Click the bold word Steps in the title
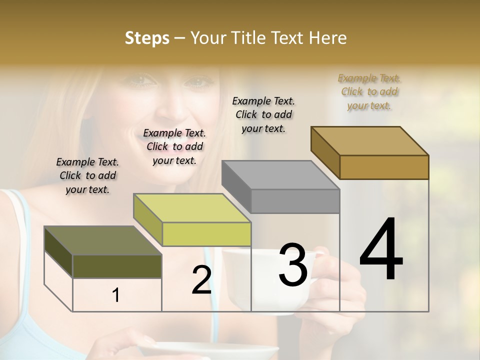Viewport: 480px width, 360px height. [x=147, y=38]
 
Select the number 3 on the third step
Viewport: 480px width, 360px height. [x=293, y=264]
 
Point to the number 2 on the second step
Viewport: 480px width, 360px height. [x=201, y=280]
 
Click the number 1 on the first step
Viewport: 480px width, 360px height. [x=116, y=295]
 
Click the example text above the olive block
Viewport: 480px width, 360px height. [x=87, y=175]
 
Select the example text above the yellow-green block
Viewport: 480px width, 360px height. [x=174, y=146]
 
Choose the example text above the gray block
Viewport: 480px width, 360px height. [x=263, y=114]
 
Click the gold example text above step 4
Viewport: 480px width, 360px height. [x=369, y=91]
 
